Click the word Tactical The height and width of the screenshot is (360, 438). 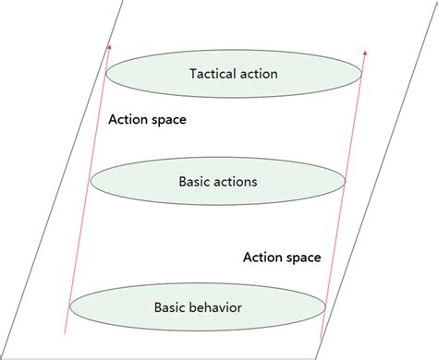click(212, 73)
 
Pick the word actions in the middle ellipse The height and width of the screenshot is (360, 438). click(236, 182)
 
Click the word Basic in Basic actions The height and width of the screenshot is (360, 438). click(194, 182)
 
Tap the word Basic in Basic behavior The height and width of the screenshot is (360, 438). click(173, 306)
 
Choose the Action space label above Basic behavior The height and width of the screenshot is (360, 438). click(282, 257)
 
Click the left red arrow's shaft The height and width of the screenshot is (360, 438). click(89, 185)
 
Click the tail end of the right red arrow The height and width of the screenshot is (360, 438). click(321, 339)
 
